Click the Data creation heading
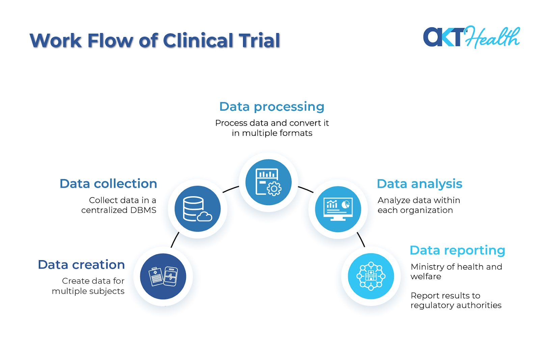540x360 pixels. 81,265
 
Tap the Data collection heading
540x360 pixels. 108,184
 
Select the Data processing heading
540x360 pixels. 272,107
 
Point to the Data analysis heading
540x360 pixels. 420,184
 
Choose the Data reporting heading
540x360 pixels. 457,250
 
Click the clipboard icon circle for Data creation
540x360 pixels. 163,276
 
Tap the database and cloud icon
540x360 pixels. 197,209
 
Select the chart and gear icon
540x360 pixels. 268,182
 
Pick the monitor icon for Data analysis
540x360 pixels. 338,209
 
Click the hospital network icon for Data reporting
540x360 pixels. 371,276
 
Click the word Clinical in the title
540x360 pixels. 198,40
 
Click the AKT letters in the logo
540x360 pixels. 443,37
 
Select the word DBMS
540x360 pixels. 143,210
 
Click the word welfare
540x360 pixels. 426,277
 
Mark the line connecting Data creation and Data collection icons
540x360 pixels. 175,240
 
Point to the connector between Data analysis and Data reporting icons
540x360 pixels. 361,239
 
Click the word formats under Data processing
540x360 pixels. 295,133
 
